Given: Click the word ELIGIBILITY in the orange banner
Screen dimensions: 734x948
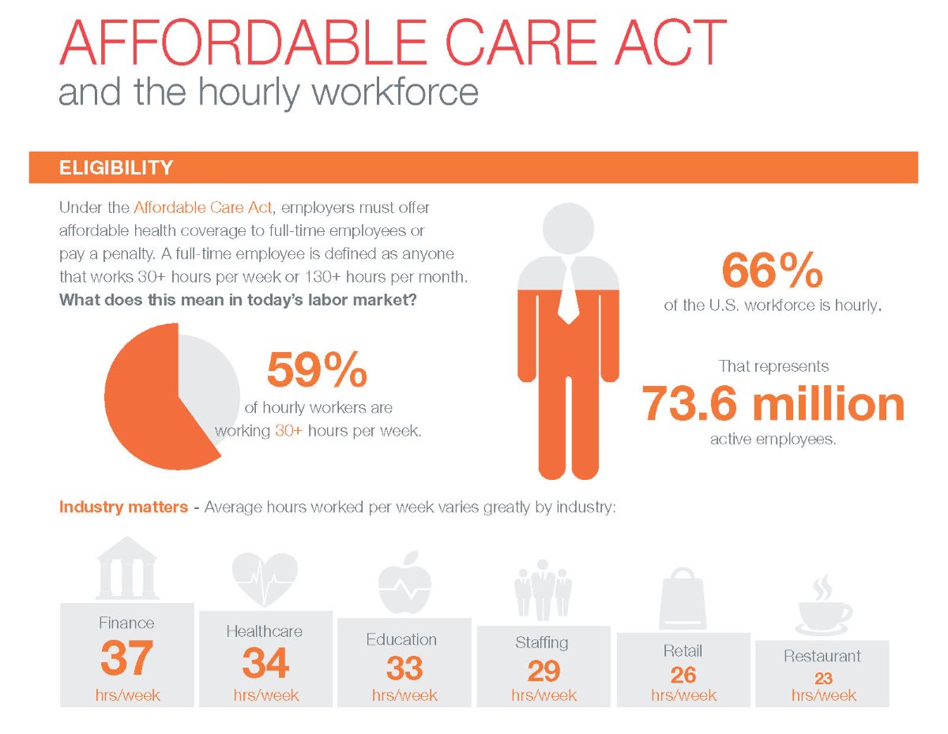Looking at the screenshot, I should coord(116,167).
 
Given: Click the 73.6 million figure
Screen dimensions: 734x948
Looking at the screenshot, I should coord(772,403).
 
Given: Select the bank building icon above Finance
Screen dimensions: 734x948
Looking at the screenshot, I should coord(126,568).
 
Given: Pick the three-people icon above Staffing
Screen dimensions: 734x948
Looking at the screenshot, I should coord(544,589).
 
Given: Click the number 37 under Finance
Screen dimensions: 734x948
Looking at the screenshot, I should coord(126,658).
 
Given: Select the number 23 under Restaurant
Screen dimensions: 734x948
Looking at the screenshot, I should coord(823,678).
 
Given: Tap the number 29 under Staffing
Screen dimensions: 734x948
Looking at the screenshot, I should coord(544,671).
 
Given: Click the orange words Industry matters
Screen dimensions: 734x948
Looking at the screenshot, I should coord(123,507).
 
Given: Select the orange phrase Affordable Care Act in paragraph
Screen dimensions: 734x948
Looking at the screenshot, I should coord(203,208).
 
